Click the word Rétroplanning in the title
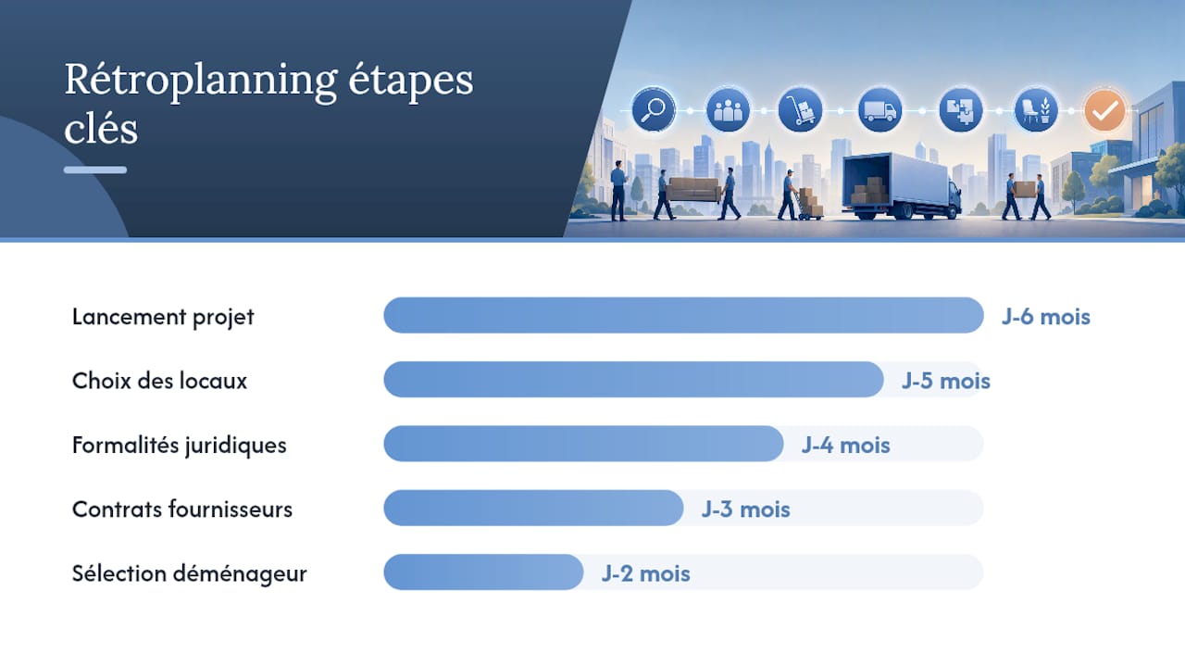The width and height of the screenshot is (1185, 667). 201,81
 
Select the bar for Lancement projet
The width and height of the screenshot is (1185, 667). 683,316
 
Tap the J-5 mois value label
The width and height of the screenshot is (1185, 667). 946,381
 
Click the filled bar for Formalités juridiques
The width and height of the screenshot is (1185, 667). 583,444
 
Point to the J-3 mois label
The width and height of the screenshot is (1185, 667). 746,510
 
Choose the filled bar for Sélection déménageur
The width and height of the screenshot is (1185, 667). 483,573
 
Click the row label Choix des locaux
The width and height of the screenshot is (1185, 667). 160,381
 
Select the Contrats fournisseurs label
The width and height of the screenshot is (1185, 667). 182,510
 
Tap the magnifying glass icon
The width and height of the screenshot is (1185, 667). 654,110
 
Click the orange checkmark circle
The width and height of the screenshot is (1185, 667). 1104,110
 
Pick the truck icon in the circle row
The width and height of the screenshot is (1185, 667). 879,110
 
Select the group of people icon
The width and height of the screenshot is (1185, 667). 728,110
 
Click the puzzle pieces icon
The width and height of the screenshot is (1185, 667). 961,110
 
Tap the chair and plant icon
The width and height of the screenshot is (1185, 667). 1036,110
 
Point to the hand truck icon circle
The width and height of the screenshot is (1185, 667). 800,110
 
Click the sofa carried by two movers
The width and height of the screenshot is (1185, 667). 693,189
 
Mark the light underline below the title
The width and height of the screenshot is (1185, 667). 95,170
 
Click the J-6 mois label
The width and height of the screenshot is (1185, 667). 1046,317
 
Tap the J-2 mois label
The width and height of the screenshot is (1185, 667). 646,573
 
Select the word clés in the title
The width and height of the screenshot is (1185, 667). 101,129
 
